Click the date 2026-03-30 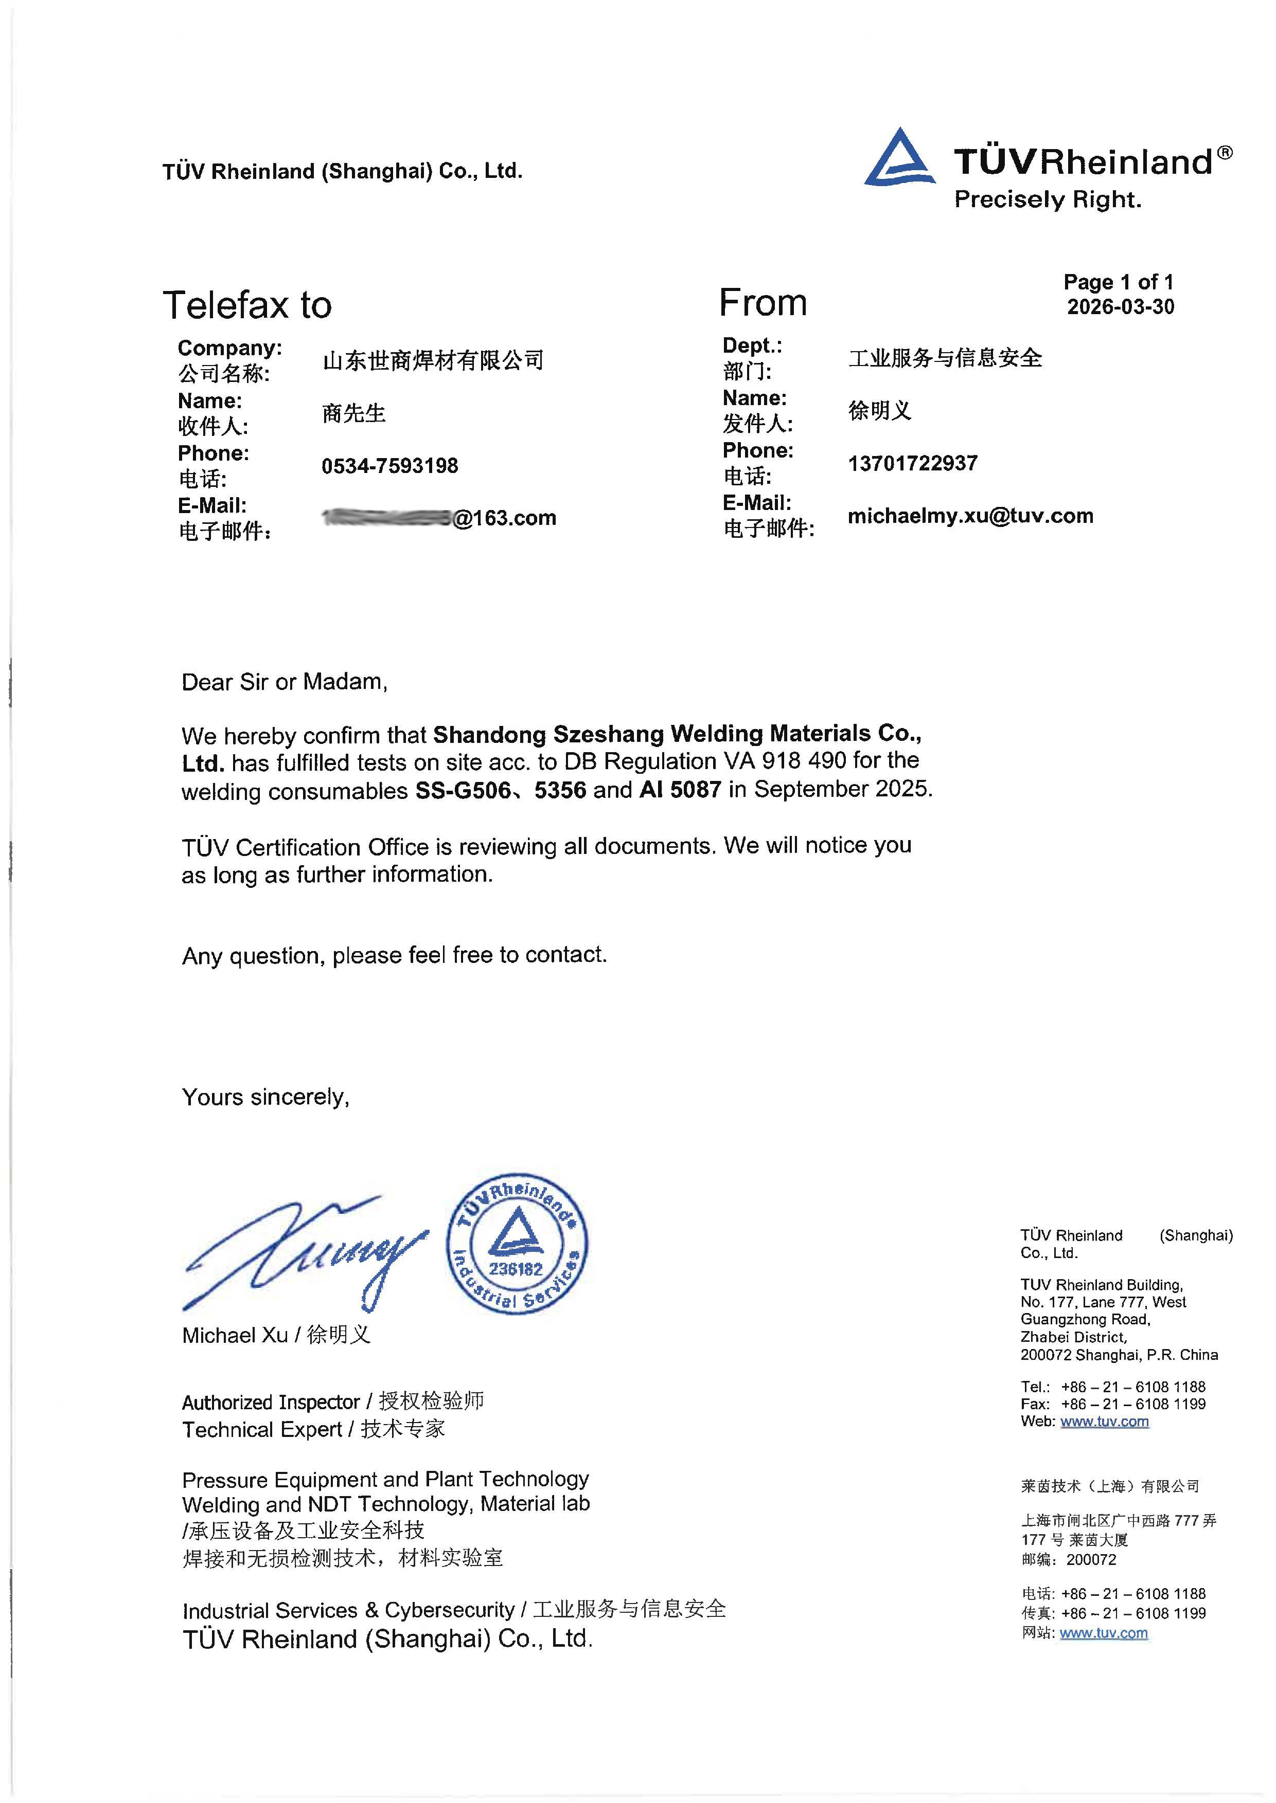pyautogui.click(x=1120, y=307)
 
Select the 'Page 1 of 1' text pyautogui.click(x=1118, y=282)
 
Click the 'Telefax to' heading pyautogui.click(x=247, y=305)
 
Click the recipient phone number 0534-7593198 pyautogui.click(x=389, y=466)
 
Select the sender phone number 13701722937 pyautogui.click(x=912, y=463)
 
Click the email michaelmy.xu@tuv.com pyautogui.click(x=969, y=516)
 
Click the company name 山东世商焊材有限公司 pyautogui.click(x=433, y=360)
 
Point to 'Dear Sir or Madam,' pyautogui.click(x=285, y=682)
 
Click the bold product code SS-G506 pyautogui.click(x=462, y=790)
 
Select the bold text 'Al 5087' pyautogui.click(x=680, y=789)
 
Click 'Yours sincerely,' pyautogui.click(x=265, y=1097)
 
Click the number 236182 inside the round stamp pyautogui.click(x=516, y=1269)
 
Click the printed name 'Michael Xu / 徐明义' pyautogui.click(x=276, y=1335)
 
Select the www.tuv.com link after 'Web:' pyautogui.click(x=1104, y=1422)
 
